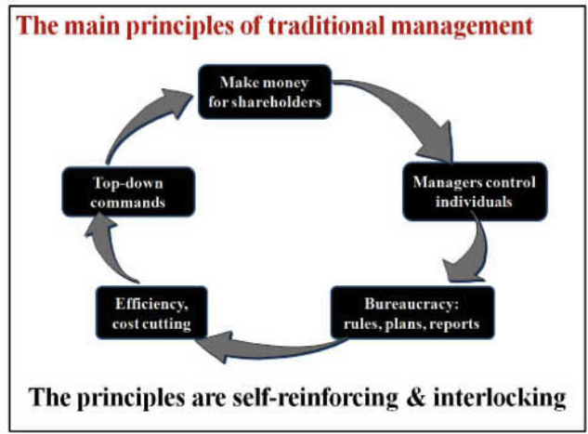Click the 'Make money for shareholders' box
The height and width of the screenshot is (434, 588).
(x=265, y=92)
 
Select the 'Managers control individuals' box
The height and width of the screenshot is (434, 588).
(x=475, y=191)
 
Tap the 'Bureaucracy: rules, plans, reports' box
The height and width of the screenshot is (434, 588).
(x=412, y=313)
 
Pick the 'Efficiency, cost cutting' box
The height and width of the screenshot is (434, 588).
(x=151, y=313)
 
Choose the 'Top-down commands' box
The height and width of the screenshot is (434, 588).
(x=128, y=192)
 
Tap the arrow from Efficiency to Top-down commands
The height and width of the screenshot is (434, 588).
(x=109, y=251)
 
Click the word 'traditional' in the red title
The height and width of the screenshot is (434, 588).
(x=326, y=26)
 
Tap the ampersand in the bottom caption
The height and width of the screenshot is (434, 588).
(x=416, y=398)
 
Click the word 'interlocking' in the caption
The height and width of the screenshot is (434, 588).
(x=500, y=399)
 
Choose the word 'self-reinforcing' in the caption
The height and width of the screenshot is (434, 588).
(x=315, y=399)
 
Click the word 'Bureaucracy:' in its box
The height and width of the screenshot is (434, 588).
(x=412, y=304)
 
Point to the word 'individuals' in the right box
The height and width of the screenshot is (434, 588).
(x=474, y=202)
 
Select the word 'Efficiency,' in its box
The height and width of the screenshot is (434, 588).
(x=151, y=304)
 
